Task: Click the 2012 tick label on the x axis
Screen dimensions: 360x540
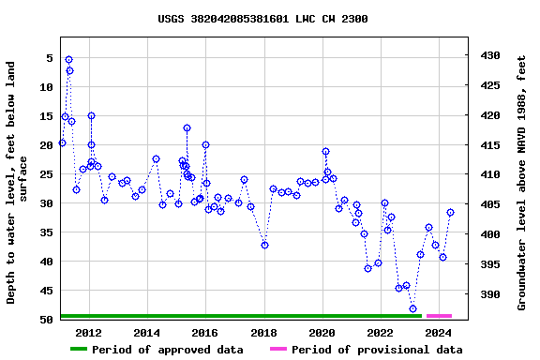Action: coord(88,333)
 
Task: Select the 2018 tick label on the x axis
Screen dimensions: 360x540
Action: coord(263,333)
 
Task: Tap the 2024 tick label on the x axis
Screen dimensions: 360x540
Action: coord(438,333)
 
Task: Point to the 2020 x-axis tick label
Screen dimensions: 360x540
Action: coord(322,333)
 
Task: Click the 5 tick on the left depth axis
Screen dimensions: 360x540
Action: coord(48,58)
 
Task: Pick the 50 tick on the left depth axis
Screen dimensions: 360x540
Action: coord(45,321)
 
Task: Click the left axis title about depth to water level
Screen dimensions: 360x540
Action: coord(18,183)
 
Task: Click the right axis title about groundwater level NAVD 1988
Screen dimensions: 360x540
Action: coord(522,183)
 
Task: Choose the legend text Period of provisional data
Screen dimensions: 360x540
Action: coord(376,350)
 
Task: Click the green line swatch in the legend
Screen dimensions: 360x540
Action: coord(79,350)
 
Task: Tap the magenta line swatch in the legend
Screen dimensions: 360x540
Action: coord(277,350)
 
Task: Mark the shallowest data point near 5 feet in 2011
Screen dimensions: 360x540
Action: coord(68,60)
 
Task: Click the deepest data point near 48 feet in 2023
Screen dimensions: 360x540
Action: coord(412,308)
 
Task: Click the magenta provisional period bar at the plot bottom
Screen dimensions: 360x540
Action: coord(439,316)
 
